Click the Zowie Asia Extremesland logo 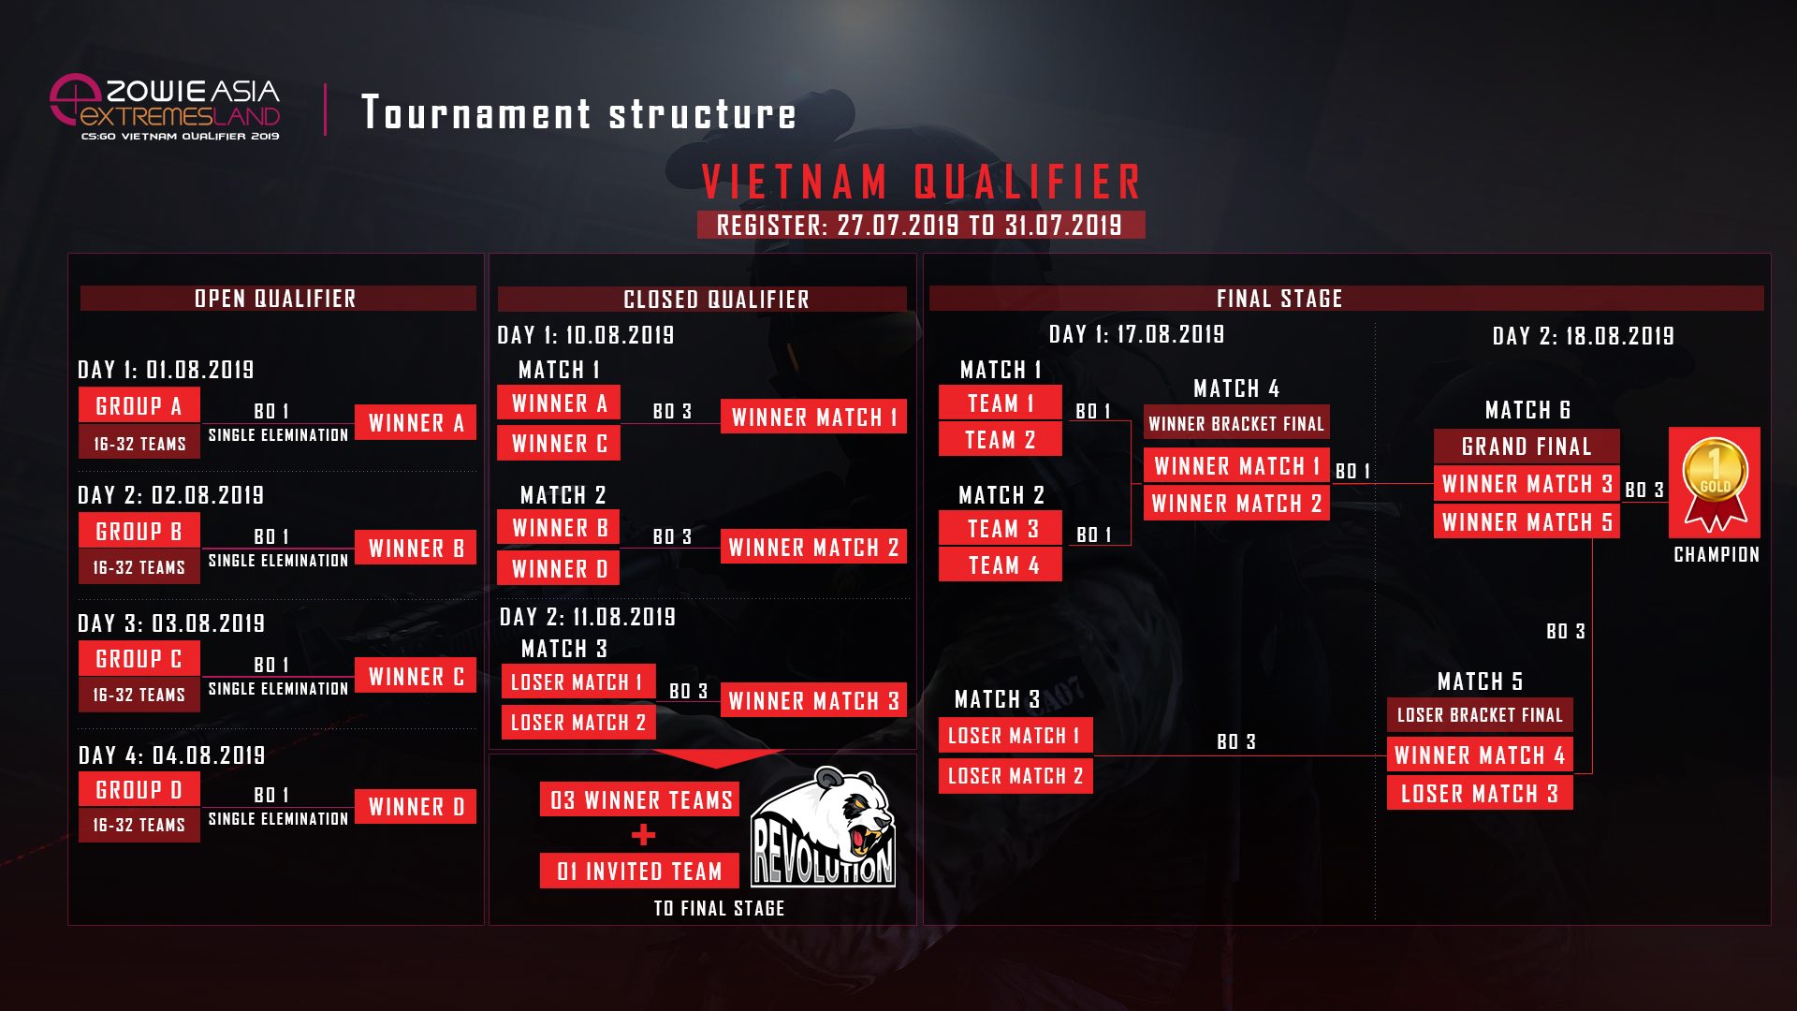click(166, 107)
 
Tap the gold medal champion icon click(1714, 482)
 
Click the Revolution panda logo click(823, 828)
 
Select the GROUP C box click(139, 659)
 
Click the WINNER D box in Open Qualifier click(416, 807)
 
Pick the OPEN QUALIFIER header click(277, 299)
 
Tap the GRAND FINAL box click(1526, 447)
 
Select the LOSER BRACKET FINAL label click(1479, 715)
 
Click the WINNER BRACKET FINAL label click(1235, 424)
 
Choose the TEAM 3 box click(1001, 529)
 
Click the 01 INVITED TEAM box click(639, 872)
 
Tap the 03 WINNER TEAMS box click(640, 800)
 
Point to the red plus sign click(644, 835)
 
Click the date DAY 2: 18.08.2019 click(1583, 336)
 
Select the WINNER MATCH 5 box click(1526, 522)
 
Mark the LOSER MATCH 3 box click(1479, 794)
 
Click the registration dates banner click(920, 226)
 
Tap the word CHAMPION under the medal click(1716, 555)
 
